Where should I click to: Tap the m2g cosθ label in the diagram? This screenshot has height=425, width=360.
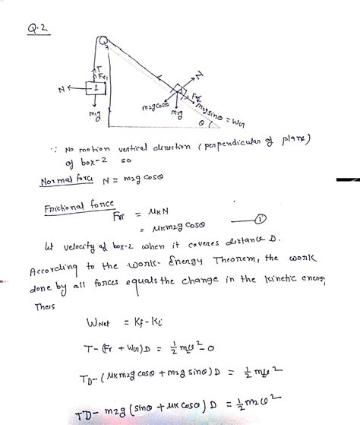154,108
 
